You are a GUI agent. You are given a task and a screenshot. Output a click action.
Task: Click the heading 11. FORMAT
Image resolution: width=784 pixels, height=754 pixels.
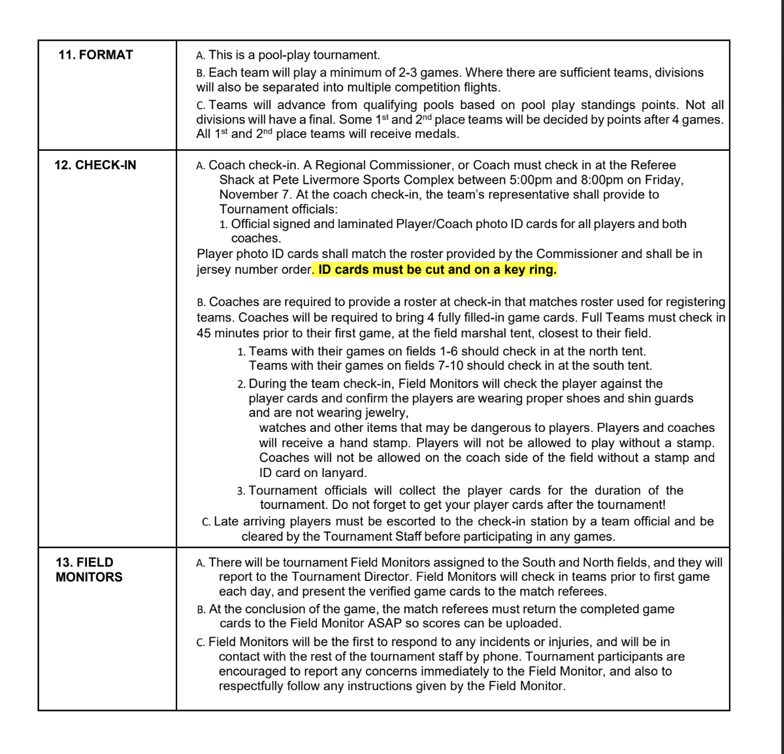coord(95,55)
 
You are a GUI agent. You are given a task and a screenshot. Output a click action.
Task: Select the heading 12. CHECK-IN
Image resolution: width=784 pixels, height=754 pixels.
coord(95,165)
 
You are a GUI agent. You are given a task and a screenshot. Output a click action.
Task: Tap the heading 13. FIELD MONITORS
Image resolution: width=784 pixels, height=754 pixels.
coord(89,569)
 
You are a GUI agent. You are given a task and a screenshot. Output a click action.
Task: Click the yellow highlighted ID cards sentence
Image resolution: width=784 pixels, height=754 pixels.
coord(436,269)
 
